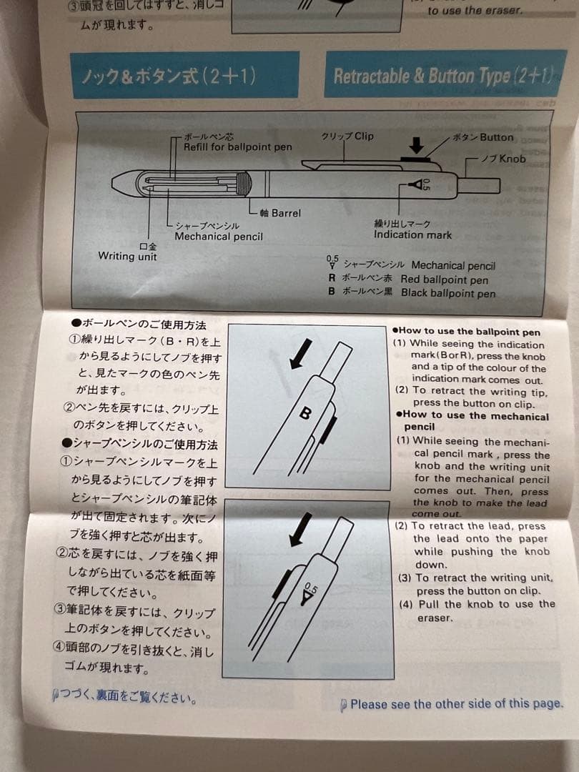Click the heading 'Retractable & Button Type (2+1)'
(x=442, y=76)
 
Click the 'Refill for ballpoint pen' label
(x=237, y=147)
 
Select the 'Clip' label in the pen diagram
(x=348, y=136)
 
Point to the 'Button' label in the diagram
(x=484, y=137)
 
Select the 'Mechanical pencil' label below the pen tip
(x=218, y=237)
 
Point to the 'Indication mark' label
(x=412, y=234)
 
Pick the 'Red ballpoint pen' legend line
(x=443, y=279)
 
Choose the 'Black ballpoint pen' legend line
(x=447, y=293)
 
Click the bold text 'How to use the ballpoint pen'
(x=467, y=331)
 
